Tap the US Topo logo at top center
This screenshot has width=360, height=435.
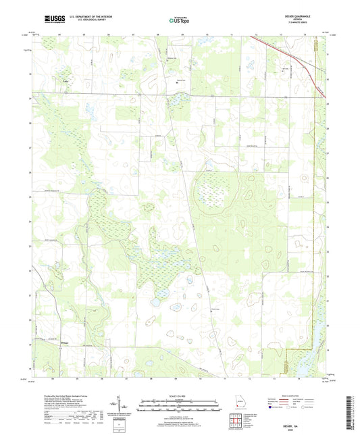178,21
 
